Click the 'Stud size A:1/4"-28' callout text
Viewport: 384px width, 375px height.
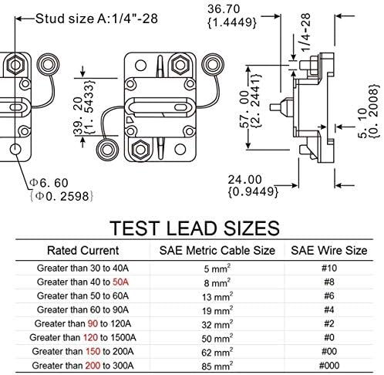(x=96, y=19)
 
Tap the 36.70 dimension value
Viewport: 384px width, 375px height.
(x=224, y=9)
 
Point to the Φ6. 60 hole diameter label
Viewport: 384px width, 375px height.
(x=49, y=183)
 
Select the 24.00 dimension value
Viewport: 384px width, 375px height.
(x=244, y=180)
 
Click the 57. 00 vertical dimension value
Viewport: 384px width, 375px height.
(x=244, y=109)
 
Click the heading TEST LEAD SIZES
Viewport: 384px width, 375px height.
(x=194, y=228)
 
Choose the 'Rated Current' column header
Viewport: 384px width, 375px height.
(x=83, y=250)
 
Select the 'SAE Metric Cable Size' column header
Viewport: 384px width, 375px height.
(x=217, y=250)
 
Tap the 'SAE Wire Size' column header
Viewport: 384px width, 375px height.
(x=329, y=250)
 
